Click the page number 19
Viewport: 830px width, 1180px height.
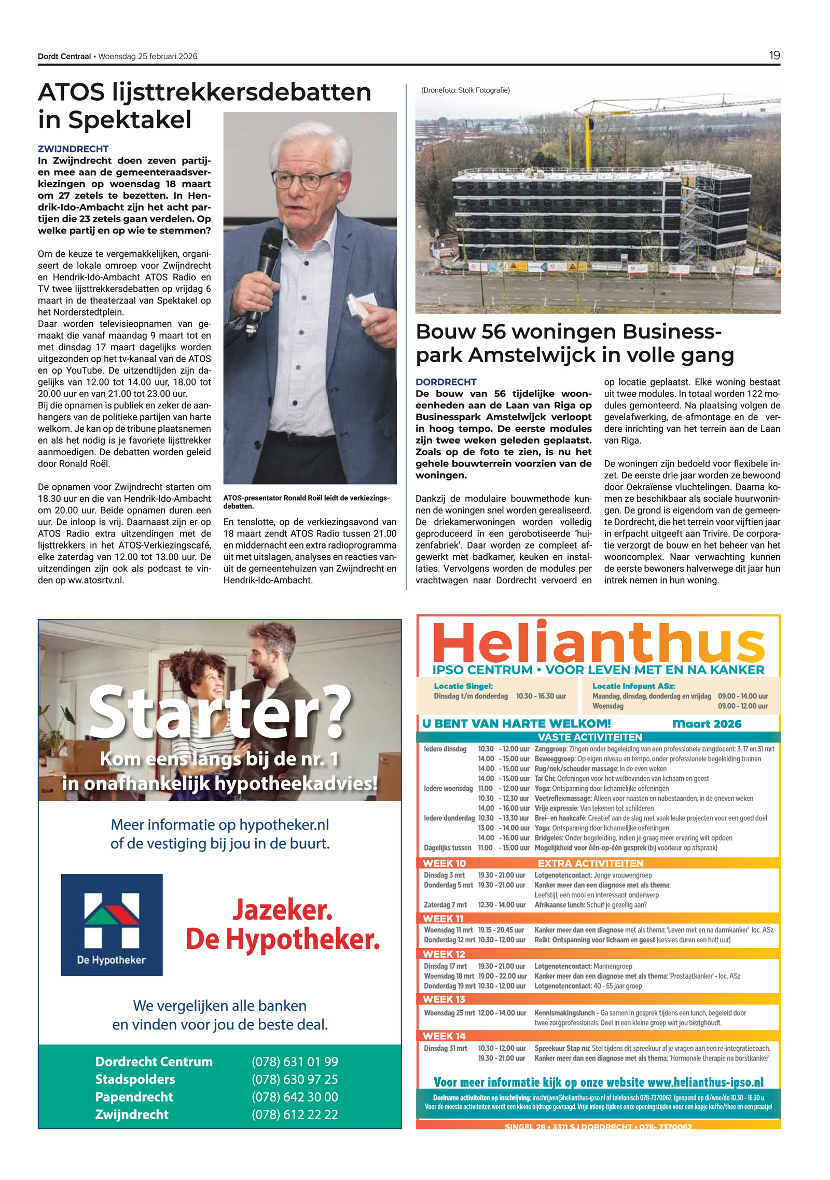pyautogui.click(x=774, y=56)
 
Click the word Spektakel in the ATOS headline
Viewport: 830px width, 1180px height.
pyautogui.click(x=130, y=120)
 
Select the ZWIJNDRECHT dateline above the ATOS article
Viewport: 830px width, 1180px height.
pyautogui.click(x=73, y=149)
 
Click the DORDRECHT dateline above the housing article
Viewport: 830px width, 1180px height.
pyautogui.click(x=446, y=382)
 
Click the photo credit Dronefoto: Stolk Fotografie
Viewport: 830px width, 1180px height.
pyautogui.click(x=465, y=90)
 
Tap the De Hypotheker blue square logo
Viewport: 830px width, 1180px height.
pyautogui.click(x=112, y=925)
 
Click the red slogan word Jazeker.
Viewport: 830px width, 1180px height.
pyautogui.click(x=282, y=910)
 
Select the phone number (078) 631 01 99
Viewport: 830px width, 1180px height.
pyautogui.click(x=295, y=1062)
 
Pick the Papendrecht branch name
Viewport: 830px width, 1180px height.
pyautogui.click(x=134, y=1097)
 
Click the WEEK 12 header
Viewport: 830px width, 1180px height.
pyautogui.click(x=444, y=954)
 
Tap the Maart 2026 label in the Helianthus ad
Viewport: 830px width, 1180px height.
pyautogui.click(x=707, y=724)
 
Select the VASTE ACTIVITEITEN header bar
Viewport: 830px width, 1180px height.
pyautogui.click(x=590, y=737)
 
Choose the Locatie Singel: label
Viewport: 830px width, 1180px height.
pyautogui.click(x=463, y=686)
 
